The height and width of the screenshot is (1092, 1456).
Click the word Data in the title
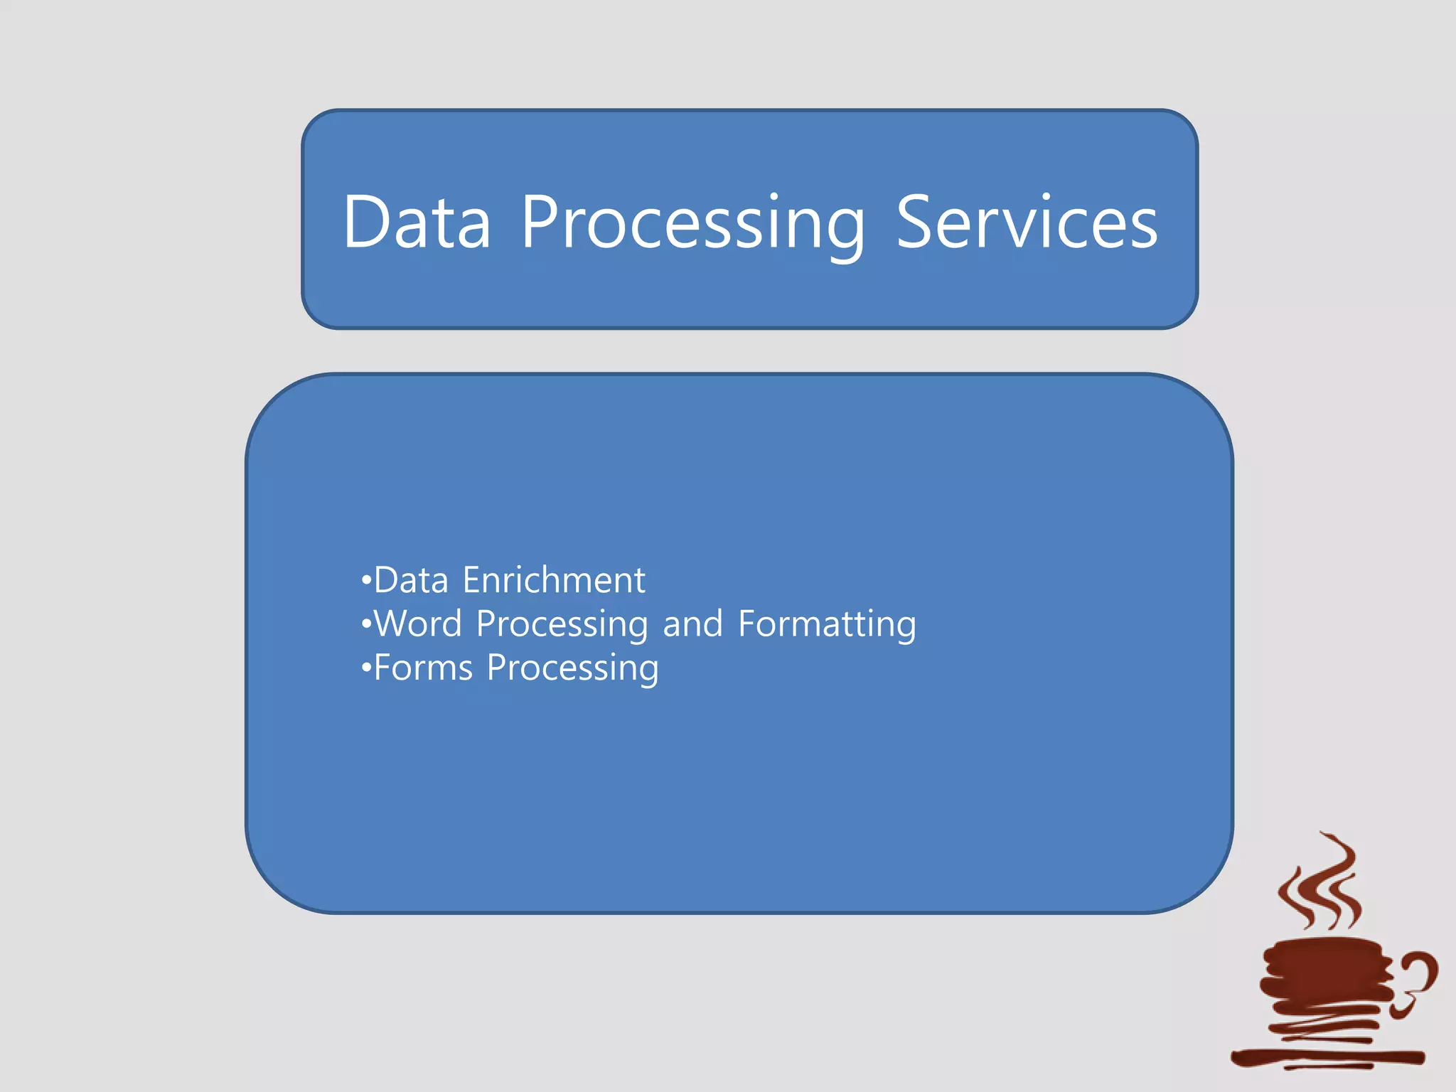pos(417,223)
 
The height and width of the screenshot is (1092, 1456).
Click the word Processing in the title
pos(693,224)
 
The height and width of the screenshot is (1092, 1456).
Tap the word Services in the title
pos(1027,223)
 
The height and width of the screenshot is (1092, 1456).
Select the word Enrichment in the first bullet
pos(554,580)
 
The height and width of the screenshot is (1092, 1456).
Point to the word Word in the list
pos(418,623)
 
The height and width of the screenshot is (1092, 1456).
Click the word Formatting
pos(827,623)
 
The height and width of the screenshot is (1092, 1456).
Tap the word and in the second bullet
pos(692,624)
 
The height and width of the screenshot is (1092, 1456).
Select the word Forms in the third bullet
pos(423,668)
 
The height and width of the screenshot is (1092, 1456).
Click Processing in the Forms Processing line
pos(572,669)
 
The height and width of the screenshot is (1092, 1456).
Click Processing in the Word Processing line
pos(562,625)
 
